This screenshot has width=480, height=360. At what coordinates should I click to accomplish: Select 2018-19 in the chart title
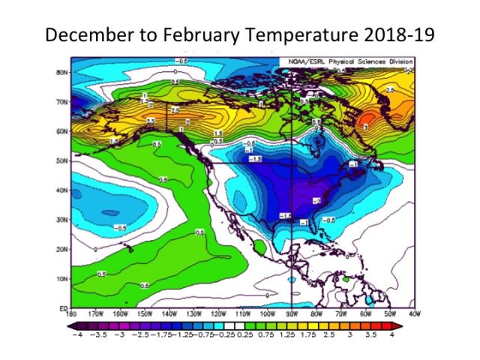397,34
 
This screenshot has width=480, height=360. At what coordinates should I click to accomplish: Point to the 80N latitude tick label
63,72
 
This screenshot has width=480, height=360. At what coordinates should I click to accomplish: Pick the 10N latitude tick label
63,278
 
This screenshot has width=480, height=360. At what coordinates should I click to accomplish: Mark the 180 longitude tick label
73,313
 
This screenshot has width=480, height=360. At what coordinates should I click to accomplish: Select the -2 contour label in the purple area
318,201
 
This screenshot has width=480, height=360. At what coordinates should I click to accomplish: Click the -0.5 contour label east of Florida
328,219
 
